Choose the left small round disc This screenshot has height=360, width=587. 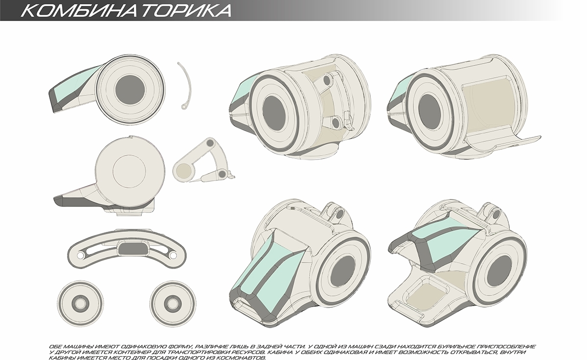pyautogui.click(x=80, y=300)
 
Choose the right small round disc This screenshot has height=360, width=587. pyautogui.click(x=173, y=300)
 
